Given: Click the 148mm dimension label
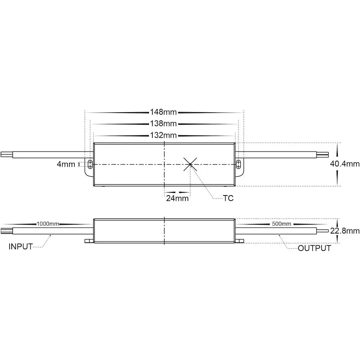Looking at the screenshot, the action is (163, 112).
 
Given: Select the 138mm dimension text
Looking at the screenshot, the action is (163, 123).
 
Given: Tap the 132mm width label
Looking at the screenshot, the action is (163, 135).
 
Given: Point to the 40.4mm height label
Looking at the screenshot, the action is (345, 164).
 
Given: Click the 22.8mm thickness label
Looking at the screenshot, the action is (345, 231).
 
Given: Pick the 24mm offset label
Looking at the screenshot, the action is (177, 198).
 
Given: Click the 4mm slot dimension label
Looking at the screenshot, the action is (66, 164).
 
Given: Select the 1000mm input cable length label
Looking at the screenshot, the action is (48, 224).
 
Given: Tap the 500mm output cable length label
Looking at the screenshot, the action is (281, 224).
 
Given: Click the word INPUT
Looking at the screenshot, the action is (21, 247).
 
